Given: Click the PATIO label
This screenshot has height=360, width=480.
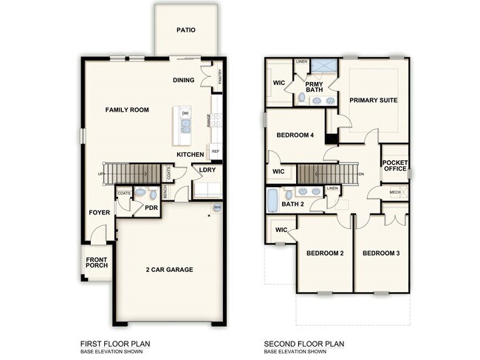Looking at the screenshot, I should pos(185,31).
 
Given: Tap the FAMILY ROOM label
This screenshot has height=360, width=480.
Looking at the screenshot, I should pos(127,110).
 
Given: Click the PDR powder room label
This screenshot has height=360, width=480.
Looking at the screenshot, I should pos(151,208).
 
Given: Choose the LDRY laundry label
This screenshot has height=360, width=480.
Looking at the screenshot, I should pos(207,170).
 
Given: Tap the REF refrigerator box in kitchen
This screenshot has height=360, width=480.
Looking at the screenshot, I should pos(216,152).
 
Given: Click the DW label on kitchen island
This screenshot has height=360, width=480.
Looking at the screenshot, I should pos(185,113).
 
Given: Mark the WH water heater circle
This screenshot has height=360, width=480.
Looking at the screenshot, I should pos(217,208).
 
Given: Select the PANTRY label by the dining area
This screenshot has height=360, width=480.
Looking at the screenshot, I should pos(220,77).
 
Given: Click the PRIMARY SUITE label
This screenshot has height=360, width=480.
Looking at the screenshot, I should pos(374,101).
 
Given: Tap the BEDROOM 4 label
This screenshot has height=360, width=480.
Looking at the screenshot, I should pos(295,136).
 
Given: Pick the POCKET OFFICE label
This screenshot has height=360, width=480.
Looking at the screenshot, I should pos(395,166).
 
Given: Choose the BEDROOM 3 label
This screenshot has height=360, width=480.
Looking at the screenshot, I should pos(381,254).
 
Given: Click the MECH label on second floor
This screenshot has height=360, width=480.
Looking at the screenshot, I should pos(395,191).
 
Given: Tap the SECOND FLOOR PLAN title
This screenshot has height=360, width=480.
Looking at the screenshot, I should pos(303,344).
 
